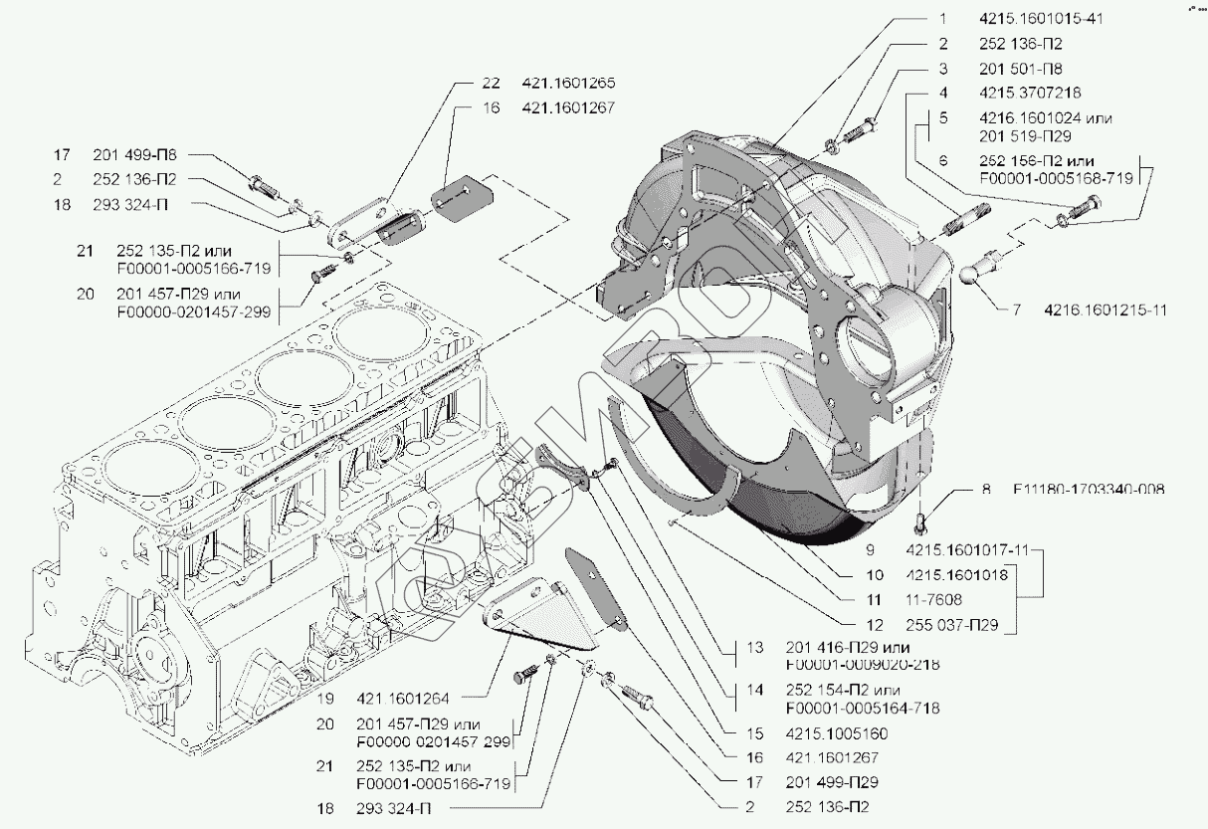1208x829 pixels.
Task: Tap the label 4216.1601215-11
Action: tap(1106, 310)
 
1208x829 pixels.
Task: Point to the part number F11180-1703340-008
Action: tap(1089, 490)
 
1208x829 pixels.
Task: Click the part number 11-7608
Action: tap(934, 600)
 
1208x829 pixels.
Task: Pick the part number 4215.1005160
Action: tap(836, 733)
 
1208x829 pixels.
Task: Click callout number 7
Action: tap(1016, 310)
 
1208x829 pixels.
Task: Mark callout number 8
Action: tap(986, 490)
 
